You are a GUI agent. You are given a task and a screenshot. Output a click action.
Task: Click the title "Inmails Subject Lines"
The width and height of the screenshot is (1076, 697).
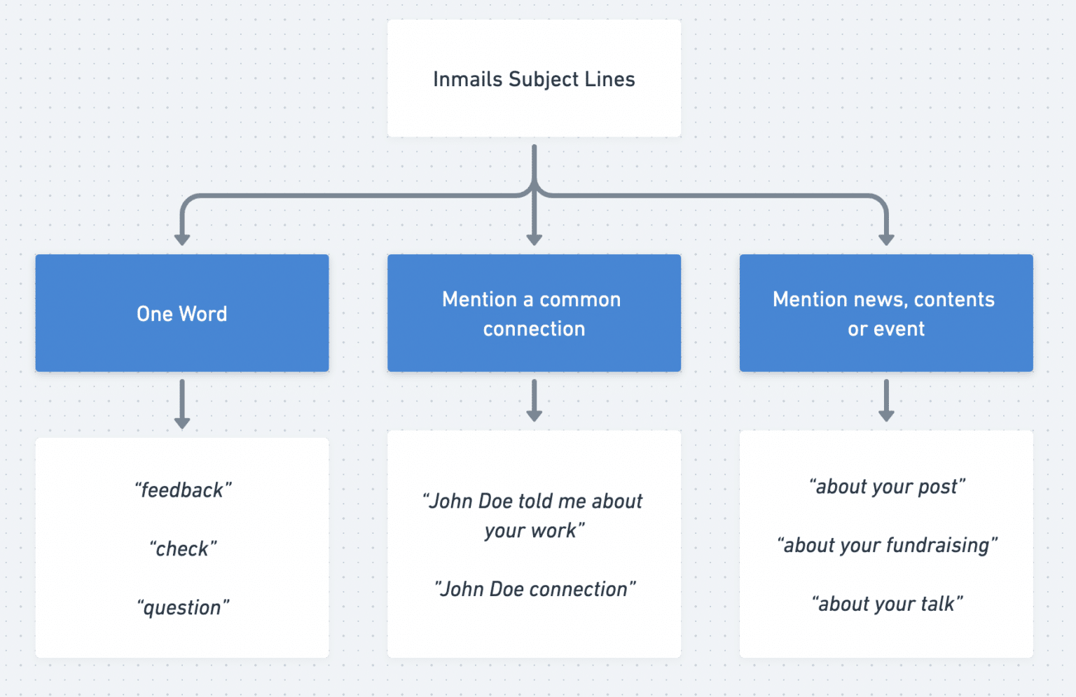tap(534, 79)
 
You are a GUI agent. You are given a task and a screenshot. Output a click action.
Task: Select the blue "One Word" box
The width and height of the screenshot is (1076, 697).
tap(182, 313)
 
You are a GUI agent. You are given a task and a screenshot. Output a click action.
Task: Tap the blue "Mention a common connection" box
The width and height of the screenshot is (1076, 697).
tap(534, 313)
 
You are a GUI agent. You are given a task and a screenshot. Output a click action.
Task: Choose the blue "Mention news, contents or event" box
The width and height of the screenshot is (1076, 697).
tap(885, 313)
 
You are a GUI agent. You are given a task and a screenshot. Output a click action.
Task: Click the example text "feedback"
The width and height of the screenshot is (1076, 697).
tap(183, 490)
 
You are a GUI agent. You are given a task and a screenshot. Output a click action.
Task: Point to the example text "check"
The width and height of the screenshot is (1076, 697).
tap(183, 548)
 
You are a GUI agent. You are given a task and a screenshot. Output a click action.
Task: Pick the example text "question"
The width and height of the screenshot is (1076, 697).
tap(183, 607)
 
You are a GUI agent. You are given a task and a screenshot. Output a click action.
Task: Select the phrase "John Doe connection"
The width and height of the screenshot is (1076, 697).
tap(534, 589)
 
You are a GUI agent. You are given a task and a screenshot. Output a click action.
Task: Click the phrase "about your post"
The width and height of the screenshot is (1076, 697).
tap(887, 486)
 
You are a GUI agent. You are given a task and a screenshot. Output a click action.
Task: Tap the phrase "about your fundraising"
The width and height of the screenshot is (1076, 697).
tap(887, 545)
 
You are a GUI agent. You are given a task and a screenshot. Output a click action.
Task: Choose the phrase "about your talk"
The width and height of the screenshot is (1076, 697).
tap(887, 604)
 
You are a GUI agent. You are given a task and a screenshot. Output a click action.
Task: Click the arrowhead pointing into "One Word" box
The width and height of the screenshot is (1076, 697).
tap(182, 240)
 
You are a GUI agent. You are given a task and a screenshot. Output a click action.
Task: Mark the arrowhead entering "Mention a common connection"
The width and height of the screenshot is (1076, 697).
tap(534, 240)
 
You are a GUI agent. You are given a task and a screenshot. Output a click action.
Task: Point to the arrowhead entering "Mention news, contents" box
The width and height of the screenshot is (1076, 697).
tap(886, 240)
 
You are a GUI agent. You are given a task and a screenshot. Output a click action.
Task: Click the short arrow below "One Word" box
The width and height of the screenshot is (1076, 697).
tap(182, 404)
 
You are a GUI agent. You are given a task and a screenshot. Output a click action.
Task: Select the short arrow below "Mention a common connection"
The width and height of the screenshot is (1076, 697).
tap(534, 401)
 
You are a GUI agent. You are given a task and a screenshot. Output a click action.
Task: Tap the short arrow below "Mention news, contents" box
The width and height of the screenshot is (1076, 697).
tap(886, 401)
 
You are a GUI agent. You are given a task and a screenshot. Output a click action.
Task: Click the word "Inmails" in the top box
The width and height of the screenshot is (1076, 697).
tap(467, 79)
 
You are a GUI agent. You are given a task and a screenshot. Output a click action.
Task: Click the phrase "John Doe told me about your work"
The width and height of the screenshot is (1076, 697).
tap(534, 516)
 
